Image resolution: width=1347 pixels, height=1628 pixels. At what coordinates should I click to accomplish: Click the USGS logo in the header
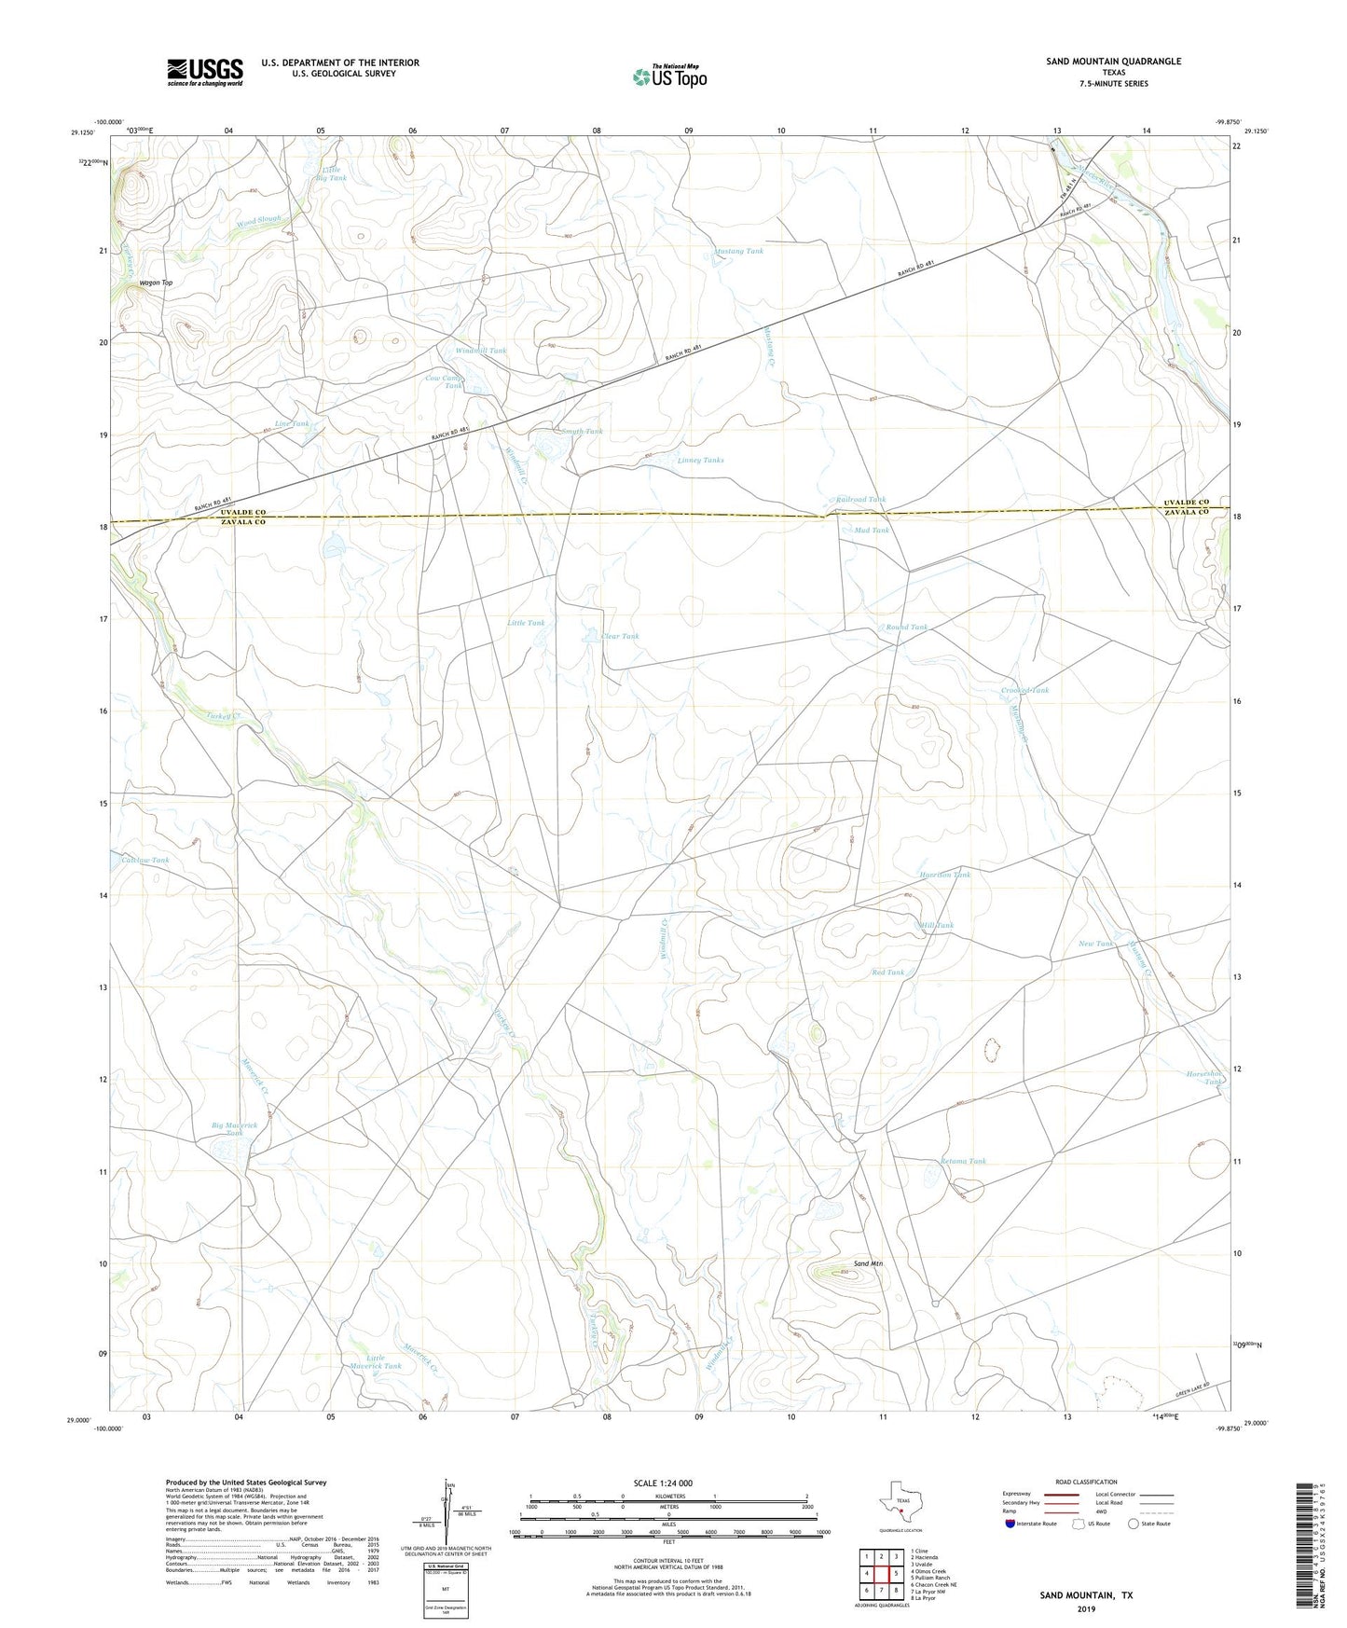tap(205, 71)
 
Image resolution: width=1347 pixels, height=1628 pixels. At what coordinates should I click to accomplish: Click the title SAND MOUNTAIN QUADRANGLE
tap(1113, 62)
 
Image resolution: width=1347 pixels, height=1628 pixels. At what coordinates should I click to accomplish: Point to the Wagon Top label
tap(156, 283)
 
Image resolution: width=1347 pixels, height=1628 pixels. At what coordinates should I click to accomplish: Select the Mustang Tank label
tap(738, 251)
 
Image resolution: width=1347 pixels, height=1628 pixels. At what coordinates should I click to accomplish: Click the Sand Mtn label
tap(868, 1263)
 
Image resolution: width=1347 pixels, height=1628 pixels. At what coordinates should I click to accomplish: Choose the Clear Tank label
tap(620, 636)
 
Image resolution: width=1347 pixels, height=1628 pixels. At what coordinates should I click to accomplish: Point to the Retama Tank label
tap(963, 1161)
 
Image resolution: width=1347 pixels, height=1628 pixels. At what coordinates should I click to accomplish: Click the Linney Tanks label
tap(700, 460)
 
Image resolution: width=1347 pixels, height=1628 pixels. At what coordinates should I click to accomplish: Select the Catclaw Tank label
tap(140, 860)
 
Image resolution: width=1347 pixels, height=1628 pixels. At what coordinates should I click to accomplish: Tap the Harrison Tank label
tap(944, 875)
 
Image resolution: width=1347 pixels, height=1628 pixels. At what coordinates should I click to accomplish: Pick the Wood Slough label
tap(258, 221)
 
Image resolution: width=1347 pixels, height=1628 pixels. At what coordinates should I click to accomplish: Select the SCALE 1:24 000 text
tap(663, 1483)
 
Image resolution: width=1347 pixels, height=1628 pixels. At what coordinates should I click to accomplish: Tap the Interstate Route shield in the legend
tap(1011, 1524)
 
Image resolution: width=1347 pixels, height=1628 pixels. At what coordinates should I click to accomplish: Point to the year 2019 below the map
tap(1086, 1609)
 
